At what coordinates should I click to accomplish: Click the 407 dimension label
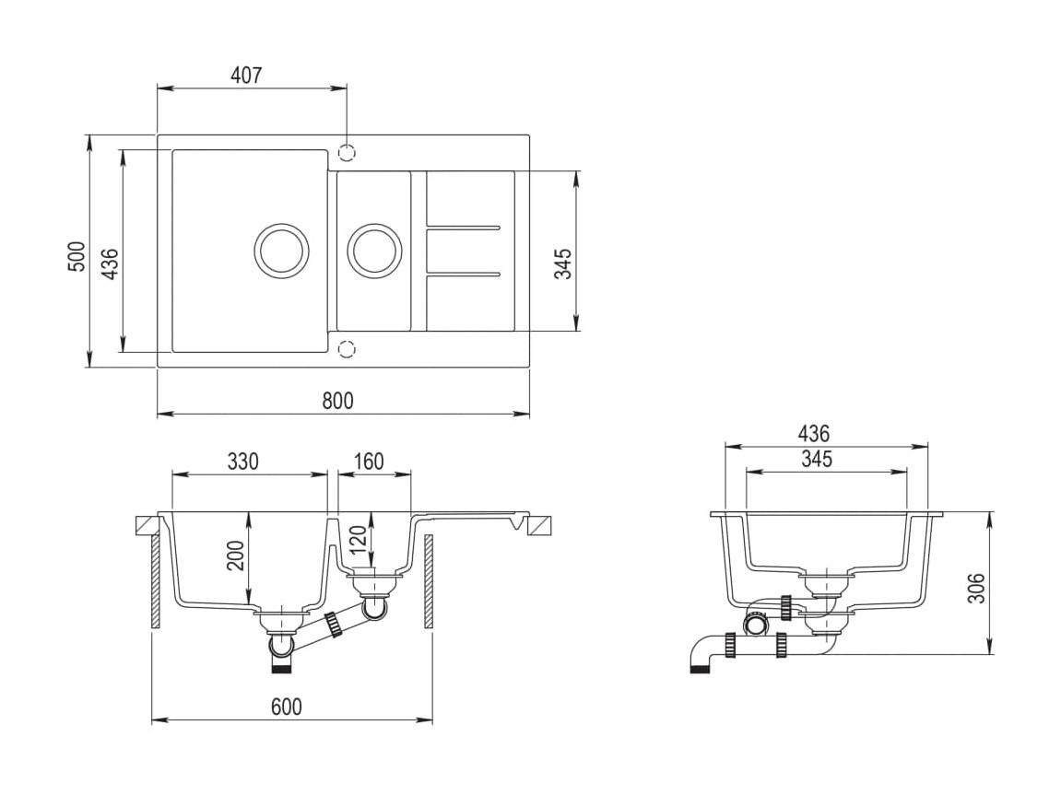click(245, 75)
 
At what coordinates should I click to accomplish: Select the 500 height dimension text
click(78, 256)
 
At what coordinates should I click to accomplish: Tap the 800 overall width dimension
click(337, 401)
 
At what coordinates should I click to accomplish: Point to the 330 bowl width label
click(243, 461)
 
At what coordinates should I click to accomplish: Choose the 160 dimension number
click(369, 461)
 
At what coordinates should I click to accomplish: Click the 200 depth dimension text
click(235, 555)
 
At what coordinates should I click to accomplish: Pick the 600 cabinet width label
click(287, 707)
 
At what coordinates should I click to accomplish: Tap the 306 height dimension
click(976, 588)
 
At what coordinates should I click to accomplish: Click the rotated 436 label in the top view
click(111, 263)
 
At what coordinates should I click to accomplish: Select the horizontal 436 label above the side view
click(813, 433)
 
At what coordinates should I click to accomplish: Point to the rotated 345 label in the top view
click(563, 263)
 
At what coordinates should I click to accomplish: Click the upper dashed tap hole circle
click(348, 153)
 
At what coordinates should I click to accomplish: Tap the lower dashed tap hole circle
click(348, 349)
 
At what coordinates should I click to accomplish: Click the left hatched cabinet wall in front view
click(156, 582)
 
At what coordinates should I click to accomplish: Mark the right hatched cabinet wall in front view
click(429, 582)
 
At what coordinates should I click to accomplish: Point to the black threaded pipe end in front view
click(282, 668)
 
